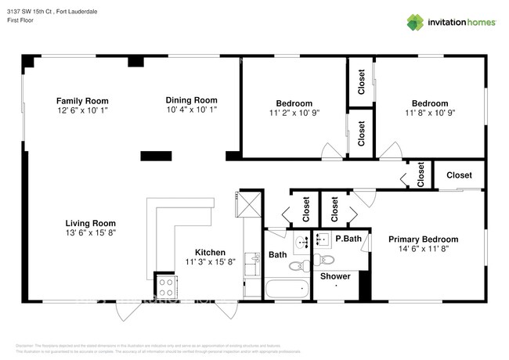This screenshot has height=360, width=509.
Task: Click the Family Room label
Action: coord(81,101)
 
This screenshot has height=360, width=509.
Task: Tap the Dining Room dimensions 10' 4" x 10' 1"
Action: coord(191,110)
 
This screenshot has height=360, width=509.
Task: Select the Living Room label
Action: coord(90,222)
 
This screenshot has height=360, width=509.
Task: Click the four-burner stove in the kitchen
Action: coord(166,283)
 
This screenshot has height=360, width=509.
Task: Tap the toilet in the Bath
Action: coord(298,266)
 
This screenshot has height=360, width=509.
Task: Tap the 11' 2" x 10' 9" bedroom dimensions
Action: coord(294,113)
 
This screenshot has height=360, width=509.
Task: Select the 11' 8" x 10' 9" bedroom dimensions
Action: coord(430,113)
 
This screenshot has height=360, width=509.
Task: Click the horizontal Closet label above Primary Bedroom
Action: coord(459,175)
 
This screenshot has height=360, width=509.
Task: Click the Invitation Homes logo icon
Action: coord(415,22)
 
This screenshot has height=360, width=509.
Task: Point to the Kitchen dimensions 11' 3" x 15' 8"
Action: coord(210,262)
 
